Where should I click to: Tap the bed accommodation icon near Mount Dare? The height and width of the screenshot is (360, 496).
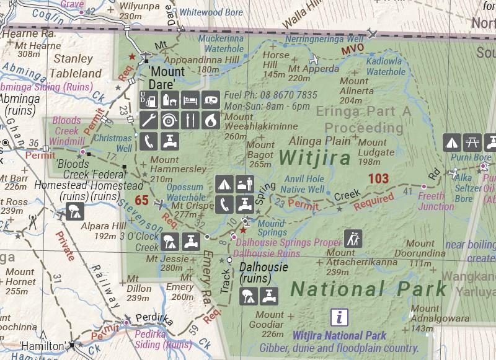pos(191,99)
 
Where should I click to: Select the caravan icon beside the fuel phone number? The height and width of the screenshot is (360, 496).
pos(212,99)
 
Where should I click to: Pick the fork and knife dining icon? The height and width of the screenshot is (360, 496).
pos(191,120)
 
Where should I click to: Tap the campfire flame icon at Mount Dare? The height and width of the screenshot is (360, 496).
pos(212,120)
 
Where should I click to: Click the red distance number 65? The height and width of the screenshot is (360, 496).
pos(141,200)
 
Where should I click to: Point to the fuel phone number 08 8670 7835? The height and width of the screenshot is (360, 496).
pos(270,95)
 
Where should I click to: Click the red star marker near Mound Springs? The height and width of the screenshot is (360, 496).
pos(242,230)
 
